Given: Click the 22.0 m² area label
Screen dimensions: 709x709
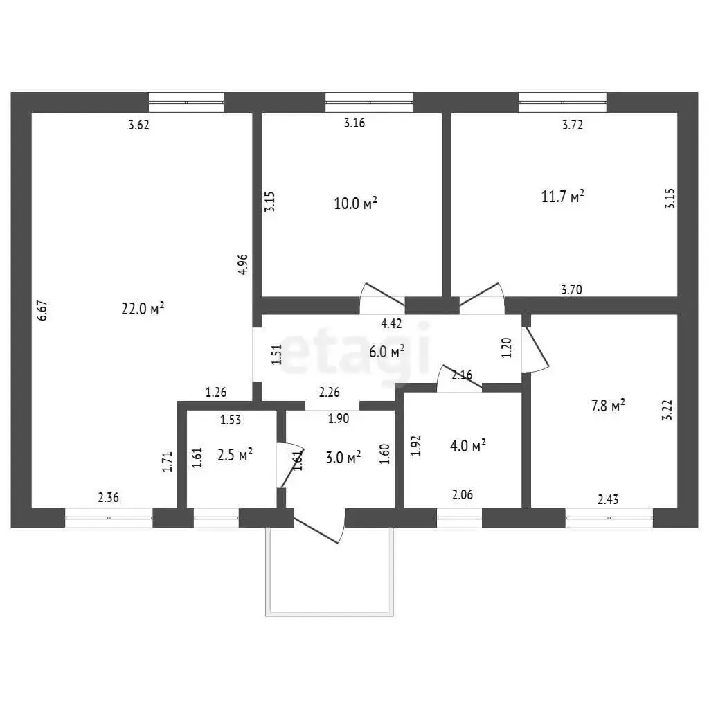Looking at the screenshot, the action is point(143,308).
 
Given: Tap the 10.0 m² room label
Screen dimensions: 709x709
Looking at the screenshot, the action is point(355,203).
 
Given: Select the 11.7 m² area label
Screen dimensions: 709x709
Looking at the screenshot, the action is point(562,196).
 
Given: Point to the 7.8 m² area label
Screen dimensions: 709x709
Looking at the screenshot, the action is point(608,405).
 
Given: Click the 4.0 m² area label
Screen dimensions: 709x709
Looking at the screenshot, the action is point(468,445).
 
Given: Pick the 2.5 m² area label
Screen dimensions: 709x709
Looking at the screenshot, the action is point(235,454).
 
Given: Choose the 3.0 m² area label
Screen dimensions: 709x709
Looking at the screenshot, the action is point(343,457).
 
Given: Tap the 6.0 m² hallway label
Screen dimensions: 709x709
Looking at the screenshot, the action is point(386,351).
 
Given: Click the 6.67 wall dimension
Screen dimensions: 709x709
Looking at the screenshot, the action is point(42,311).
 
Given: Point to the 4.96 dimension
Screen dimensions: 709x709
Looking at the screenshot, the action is point(243,264).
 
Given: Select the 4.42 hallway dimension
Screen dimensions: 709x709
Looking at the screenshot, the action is point(391,323).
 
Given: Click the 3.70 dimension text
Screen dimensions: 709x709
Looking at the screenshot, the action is point(571,289).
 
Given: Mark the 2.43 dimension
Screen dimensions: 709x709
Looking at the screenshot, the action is point(608,499).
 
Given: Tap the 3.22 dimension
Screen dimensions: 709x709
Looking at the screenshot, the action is point(667,410).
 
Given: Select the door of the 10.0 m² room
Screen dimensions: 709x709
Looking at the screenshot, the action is point(382,299).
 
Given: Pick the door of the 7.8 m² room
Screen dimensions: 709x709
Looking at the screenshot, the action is point(535,350).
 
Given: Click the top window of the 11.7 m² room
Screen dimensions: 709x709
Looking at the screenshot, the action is point(562,102).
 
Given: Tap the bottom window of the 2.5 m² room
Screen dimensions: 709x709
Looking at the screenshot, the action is point(216,518).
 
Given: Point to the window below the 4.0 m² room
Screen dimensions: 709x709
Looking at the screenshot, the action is point(459,518).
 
